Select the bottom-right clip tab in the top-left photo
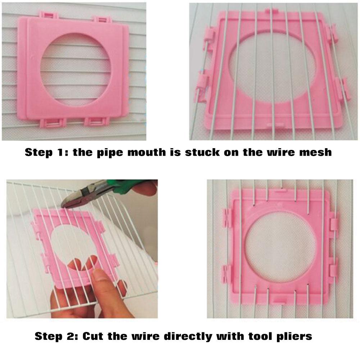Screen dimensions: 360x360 click(96, 122)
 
